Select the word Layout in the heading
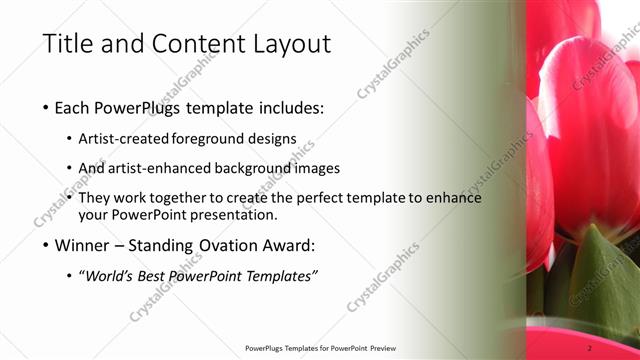(x=288, y=43)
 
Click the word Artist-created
(x=129, y=138)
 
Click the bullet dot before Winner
(x=48, y=245)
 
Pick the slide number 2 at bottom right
(x=590, y=348)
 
